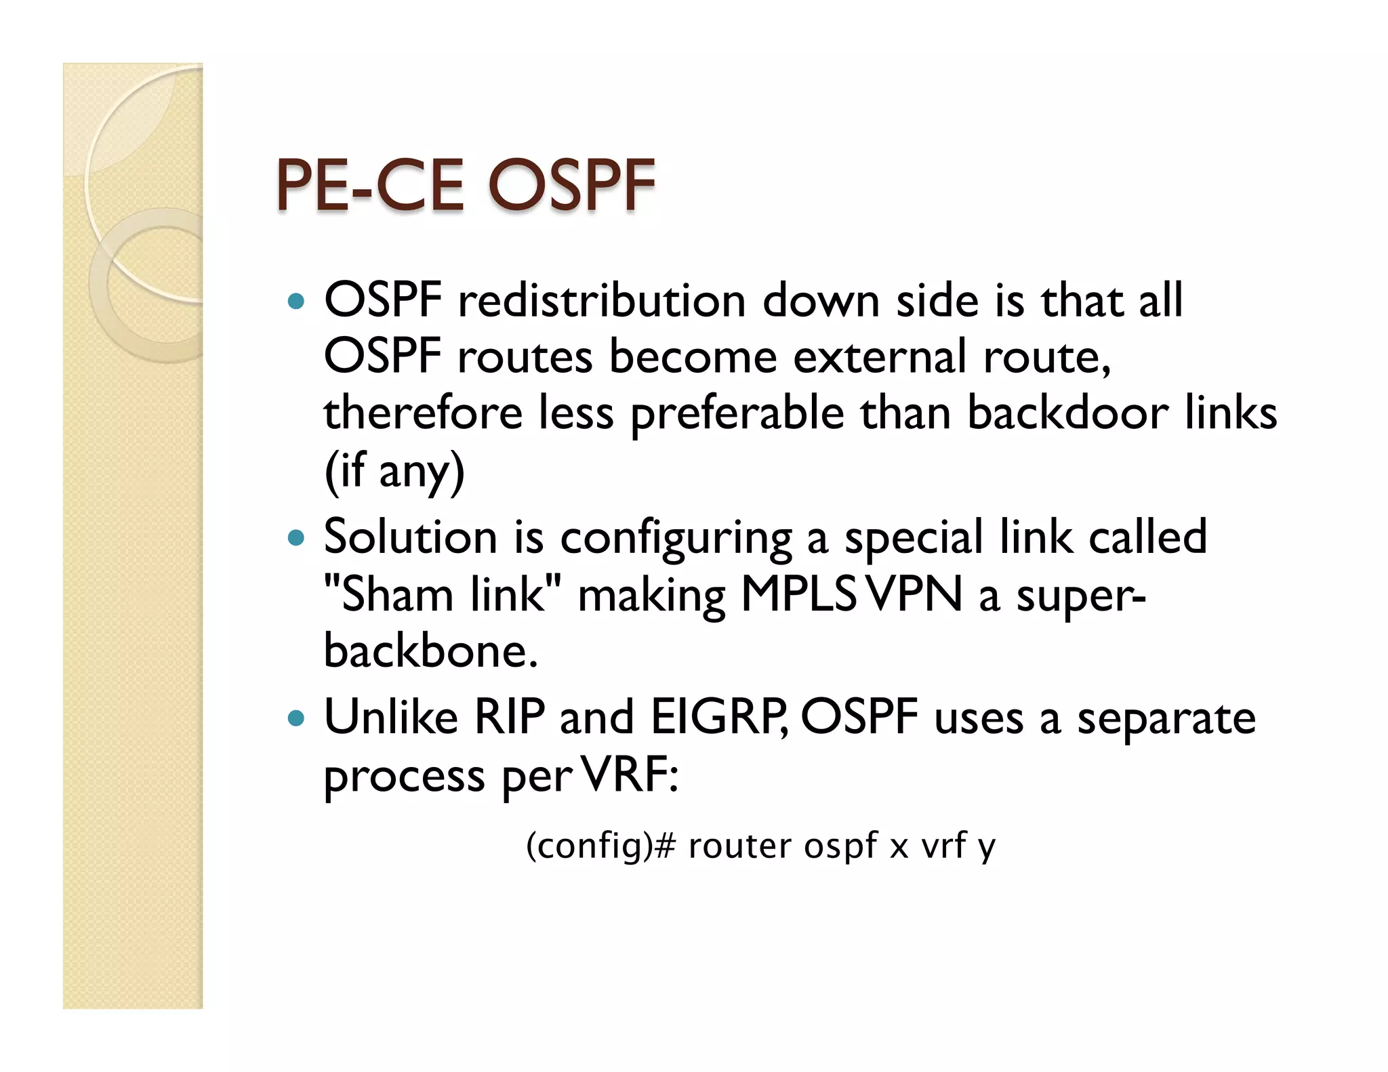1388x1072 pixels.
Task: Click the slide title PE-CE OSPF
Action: [465, 184]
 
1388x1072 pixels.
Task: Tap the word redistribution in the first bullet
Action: [602, 300]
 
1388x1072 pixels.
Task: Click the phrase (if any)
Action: [394, 471]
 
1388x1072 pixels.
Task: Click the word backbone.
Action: [430, 651]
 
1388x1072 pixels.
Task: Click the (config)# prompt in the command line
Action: [600, 846]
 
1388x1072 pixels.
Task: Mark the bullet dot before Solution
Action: [296, 539]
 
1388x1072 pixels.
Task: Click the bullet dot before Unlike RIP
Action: [296, 718]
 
